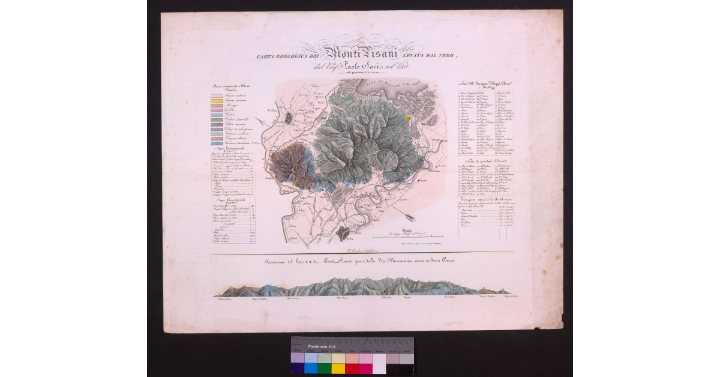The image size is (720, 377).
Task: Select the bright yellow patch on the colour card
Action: (338, 368)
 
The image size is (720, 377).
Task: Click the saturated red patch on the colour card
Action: (352, 368)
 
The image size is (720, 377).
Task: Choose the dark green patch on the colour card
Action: (325, 368)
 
